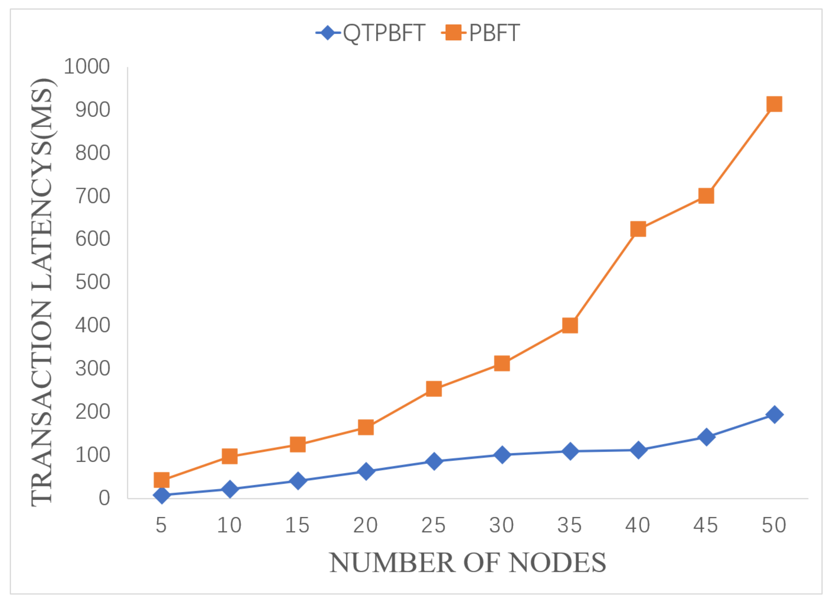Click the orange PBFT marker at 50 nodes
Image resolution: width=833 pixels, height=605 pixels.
pos(774,104)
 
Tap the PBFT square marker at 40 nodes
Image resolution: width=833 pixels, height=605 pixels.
pos(638,229)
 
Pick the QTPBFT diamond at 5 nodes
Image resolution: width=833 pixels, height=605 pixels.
pos(162,495)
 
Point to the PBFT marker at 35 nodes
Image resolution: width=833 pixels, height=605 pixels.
pos(570,326)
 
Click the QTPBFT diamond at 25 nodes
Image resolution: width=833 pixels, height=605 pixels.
pos(434,461)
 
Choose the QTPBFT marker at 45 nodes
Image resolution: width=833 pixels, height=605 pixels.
pos(706,437)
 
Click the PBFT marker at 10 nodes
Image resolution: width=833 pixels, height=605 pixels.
pos(230,457)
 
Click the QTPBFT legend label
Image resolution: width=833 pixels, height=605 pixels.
pos(384,33)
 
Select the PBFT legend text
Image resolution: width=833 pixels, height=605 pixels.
pos(494,33)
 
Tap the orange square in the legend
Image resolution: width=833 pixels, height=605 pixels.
pos(453,33)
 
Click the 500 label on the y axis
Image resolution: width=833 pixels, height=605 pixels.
pos(92,282)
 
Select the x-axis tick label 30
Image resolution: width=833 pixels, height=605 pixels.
pos(502,525)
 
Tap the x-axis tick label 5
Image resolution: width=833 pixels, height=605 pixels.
pos(161,525)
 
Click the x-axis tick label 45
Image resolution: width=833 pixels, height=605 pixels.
pos(706,525)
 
